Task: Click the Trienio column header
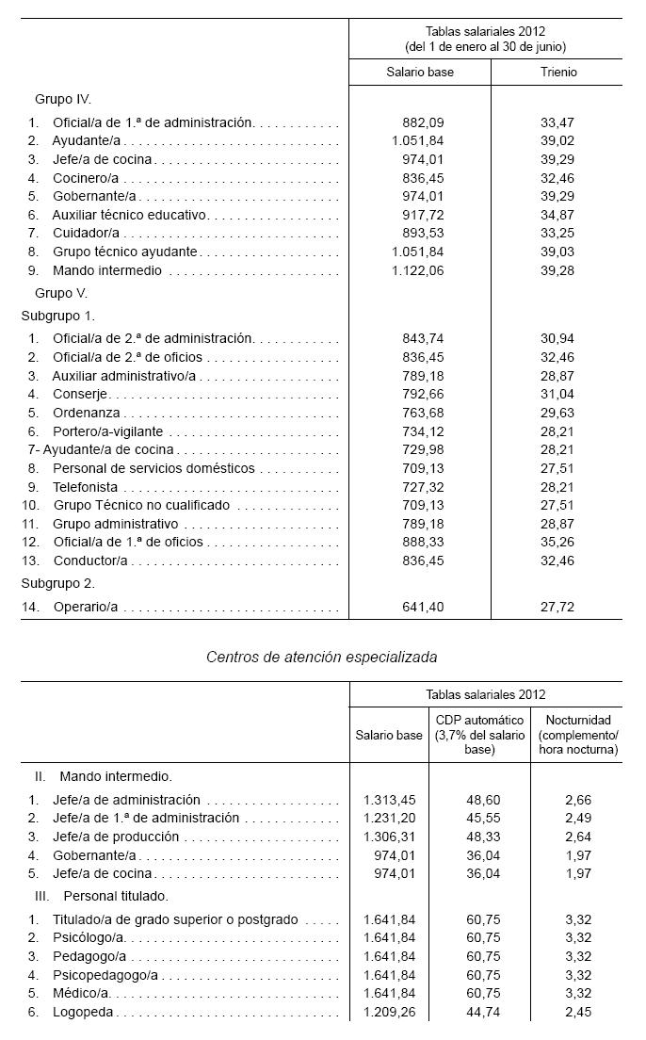[559, 73]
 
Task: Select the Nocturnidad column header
[578, 735]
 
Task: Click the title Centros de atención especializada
[321, 657]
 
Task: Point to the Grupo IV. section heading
[63, 98]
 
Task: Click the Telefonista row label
[85, 486]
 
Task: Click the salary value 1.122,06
[416, 270]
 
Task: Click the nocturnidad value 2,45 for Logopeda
[578, 1012]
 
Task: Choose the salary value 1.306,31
[389, 837]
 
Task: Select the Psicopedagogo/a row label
[105, 975]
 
